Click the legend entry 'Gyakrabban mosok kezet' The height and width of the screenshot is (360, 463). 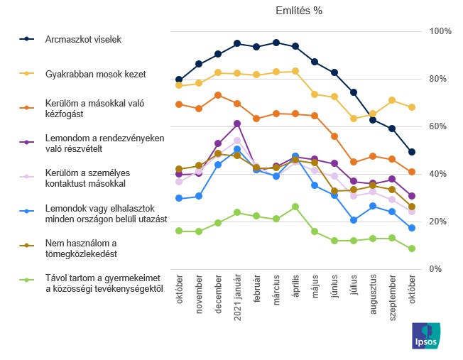coord(94,73)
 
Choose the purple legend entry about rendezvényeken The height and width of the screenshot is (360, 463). coord(104,143)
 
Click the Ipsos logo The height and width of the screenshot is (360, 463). coord(426,336)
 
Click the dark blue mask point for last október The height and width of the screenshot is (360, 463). coord(412,152)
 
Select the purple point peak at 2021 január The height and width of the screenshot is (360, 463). coord(237,124)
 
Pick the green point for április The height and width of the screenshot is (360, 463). coord(295,207)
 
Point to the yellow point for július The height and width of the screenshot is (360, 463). coord(354,119)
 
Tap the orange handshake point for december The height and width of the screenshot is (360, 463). coord(218,95)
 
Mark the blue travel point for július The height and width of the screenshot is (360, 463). coord(354,220)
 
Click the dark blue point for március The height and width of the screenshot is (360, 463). coord(276,43)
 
